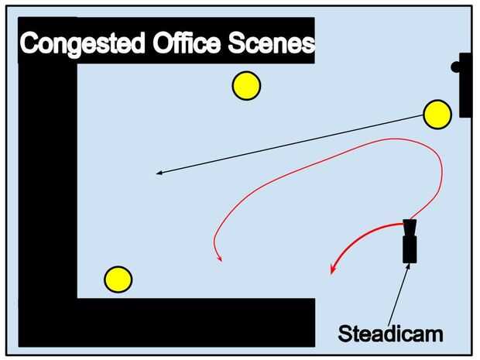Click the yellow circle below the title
point(246,85)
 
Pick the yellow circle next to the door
point(437,115)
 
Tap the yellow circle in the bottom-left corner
point(118,279)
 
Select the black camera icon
point(410,244)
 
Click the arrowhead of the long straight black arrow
point(159,173)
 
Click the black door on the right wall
point(465,85)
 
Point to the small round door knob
point(456,67)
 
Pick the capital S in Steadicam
point(344,334)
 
